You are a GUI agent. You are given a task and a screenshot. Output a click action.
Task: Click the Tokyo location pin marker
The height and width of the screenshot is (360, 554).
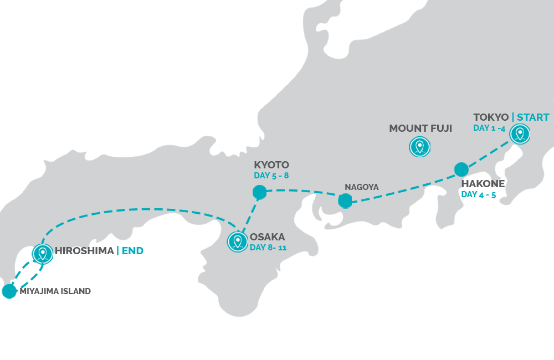coord(520,133)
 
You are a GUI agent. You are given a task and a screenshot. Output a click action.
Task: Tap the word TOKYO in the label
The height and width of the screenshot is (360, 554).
coord(491,117)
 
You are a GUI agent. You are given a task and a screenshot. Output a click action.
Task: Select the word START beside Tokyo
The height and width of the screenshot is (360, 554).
coord(533,117)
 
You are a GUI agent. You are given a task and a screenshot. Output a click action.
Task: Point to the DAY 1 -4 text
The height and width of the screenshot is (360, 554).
coord(489,128)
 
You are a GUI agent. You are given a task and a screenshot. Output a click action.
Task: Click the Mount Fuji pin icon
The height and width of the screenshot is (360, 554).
coord(419,147)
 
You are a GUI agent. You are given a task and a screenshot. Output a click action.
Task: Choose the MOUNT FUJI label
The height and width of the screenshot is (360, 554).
coord(420,128)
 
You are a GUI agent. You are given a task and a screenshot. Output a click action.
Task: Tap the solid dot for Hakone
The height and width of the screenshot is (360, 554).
coord(461,169)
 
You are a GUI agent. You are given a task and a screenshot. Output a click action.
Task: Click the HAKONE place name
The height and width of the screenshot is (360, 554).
coord(483,184)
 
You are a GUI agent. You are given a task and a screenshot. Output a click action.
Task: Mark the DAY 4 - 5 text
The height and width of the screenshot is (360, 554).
coord(478,194)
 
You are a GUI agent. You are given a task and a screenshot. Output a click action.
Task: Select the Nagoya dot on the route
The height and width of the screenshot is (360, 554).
coord(345,201)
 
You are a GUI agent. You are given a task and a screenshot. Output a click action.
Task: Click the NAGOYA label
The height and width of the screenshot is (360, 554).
coord(362,187)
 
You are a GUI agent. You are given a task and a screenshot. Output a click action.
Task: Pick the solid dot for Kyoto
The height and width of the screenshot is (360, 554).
coord(259,192)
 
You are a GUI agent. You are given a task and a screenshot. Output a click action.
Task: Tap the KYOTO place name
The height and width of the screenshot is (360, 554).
coord(271,165)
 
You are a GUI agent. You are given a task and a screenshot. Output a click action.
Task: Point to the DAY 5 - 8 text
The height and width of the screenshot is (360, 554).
coord(271,176)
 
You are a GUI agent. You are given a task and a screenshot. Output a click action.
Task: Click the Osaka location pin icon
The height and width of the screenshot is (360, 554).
coord(238,241)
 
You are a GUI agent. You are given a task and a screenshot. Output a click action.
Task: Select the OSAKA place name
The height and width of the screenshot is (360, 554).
coord(268,237)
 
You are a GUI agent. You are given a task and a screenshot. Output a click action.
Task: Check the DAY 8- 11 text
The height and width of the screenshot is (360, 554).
coord(268,248)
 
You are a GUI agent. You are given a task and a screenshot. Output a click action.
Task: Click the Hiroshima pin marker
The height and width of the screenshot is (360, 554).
coord(42,253)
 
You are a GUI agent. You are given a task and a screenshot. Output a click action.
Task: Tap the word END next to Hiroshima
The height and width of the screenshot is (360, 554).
coord(132,251)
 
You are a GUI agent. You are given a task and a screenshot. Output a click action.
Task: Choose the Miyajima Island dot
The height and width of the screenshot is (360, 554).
coord(9,291)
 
